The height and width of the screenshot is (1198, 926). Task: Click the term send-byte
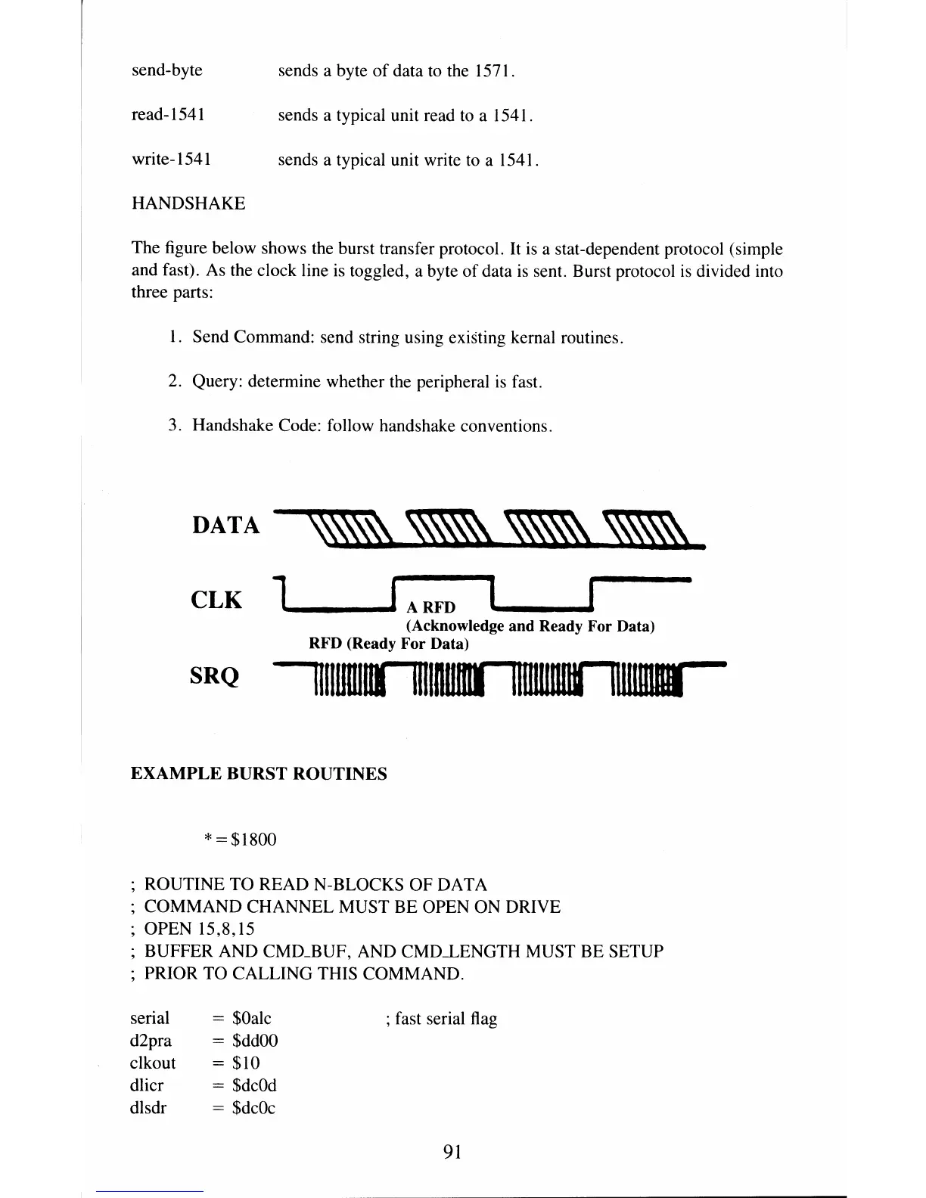[x=167, y=70]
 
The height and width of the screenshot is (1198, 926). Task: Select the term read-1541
[x=168, y=115]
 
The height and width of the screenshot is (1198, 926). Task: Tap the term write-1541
[x=171, y=160]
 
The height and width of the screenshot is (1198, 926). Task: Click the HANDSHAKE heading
[x=188, y=203]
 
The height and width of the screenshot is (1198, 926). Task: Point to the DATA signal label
[x=225, y=525]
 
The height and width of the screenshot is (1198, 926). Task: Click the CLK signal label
[x=216, y=600]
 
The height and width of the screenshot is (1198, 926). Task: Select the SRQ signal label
[x=214, y=675]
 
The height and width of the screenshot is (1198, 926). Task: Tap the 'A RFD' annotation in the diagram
[x=431, y=607]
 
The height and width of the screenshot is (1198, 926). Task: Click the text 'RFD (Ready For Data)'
[x=389, y=644]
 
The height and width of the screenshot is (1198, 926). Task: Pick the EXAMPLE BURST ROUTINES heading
[x=259, y=774]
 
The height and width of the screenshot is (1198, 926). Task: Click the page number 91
[x=452, y=1151]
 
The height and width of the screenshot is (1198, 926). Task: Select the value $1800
[x=254, y=840]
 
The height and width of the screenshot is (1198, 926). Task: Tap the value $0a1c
[x=252, y=1018]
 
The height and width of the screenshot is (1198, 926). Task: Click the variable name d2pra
[x=151, y=1041]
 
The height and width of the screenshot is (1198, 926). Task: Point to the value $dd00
[x=256, y=1041]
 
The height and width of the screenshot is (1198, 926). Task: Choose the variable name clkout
[x=153, y=1063]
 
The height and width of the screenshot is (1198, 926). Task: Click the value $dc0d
[x=255, y=1085]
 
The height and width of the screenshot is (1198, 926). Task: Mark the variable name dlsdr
[x=148, y=1108]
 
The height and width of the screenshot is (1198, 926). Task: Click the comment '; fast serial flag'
[x=441, y=1019]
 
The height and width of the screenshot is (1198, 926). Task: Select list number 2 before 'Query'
[x=174, y=381]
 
